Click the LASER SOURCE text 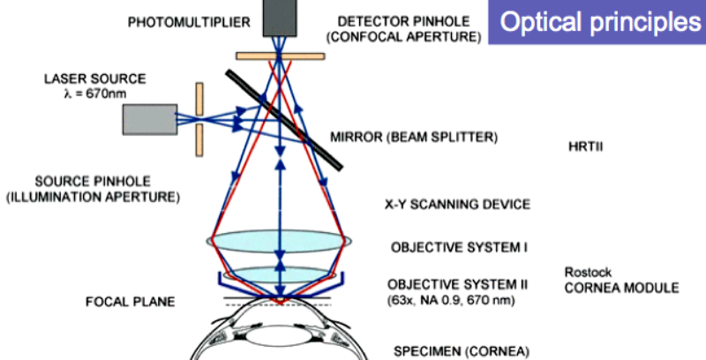97,78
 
